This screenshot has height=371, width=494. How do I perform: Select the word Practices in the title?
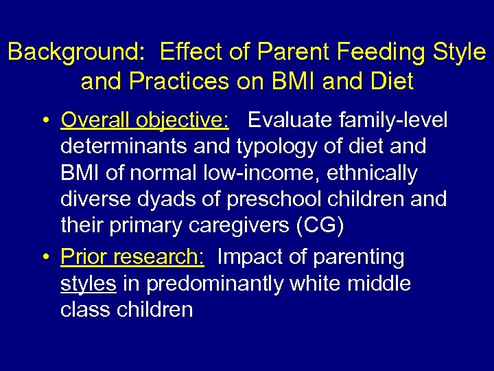click(180, 82)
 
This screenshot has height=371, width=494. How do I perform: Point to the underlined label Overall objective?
click(145, 120)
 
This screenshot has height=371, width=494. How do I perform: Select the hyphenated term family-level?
click(399, 120)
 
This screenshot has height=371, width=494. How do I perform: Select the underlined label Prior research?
click(132, 256)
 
